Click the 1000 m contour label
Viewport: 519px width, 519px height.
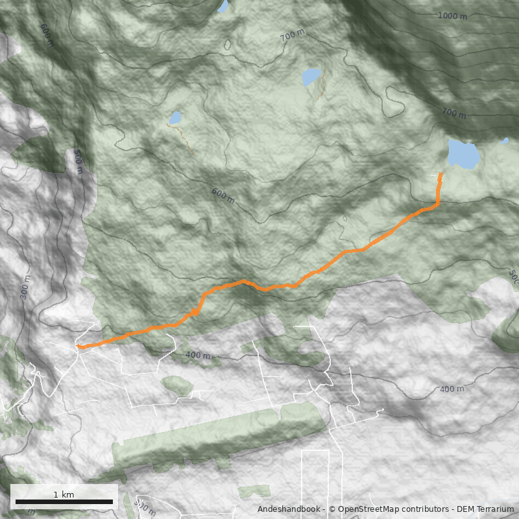tap(452, 16)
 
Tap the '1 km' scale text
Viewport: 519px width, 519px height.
tap(64, 494)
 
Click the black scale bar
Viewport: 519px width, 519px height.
tap(64, 501)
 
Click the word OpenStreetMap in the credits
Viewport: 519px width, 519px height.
tap(369, 509)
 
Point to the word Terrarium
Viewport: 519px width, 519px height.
tap(494, 509)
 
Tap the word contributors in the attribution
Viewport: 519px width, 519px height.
tap(427, 509)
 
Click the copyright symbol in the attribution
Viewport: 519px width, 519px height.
tap(332, 509)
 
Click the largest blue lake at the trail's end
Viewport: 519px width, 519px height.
tap(463, 154)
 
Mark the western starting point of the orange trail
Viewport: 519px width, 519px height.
tap(78, 346)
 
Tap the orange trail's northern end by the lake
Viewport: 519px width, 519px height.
tap(441, 174)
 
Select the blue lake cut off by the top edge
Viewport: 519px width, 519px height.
tap(223, 6)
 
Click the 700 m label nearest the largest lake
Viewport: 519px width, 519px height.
tap(453, 114)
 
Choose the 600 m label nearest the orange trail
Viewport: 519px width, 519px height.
tap(223, 195)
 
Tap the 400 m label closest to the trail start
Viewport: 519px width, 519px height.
tap(197, 355)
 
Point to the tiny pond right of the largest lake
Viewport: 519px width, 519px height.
tap(505, 140)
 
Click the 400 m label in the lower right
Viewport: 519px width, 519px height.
tap(452, 389)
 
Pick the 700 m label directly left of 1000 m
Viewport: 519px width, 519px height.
tap(292, 36)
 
